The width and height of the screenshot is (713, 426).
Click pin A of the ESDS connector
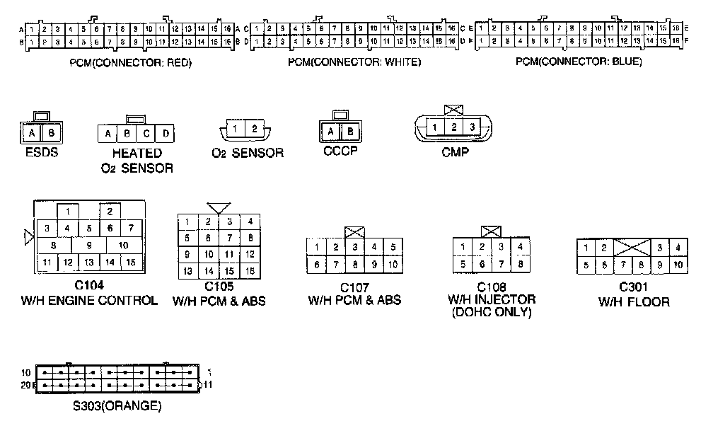[x=32, y=133]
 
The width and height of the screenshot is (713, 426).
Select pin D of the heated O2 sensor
[x=166, y=134]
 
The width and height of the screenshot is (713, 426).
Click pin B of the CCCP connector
[x=351, y=132]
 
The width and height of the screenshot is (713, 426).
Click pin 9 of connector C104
[x=89, y=245]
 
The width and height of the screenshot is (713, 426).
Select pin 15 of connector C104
[x=131, y=263]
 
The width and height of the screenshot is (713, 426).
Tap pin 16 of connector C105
[x=250, y=271]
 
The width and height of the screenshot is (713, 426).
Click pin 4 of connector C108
[x=519, y=247]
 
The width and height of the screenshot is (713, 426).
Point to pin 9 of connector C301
[x=659, y=265]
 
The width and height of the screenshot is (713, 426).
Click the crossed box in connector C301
[x=632, y=247]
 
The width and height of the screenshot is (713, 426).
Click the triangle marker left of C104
[x=29, y=237]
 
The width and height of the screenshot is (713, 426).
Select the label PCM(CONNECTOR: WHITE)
[x=354, y=62]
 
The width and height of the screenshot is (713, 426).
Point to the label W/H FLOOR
[x=634, y=301]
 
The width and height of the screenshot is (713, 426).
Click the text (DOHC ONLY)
[x=491, y=312]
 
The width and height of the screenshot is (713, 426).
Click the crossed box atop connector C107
[x=354, y=232]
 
